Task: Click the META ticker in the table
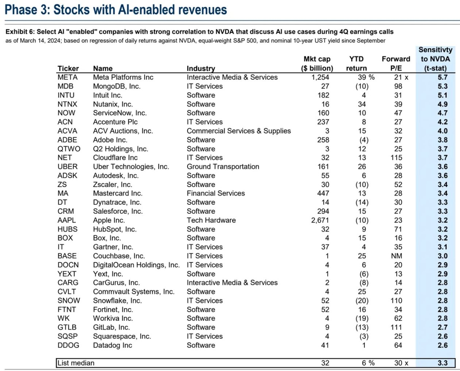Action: pyautogui.click(x=68, y=77)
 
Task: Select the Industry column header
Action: pyautogui.click(x=201, y=68)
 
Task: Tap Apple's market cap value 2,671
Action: pyautogui.click(x=320, y=220)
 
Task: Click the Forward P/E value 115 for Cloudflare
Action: pyautogui.click(x=396, y=158)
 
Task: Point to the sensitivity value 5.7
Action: pyautogui.click(x=442, y=77)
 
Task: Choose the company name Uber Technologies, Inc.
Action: pyautogui.click(x=131, y=167)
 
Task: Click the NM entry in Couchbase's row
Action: pyautogui.click(x=396, y=256)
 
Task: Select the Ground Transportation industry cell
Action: pyautogui.click(x=223, y=167)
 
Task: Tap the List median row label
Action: pyautogui.click(x=76, y=363)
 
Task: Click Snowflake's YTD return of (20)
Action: pyautogui.click(x=362, y=301)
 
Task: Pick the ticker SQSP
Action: pyautogui.click(x=68, y=336)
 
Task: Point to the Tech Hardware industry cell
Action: pyautogui.click(x=211, y=220)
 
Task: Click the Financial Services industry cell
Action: pyautogui.click(x=216, y=193)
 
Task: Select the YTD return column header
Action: pyautogui.click(x=356, y=64)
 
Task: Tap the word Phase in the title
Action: pyautogui.click(x=21, y=9)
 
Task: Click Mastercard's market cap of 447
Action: pyautogui.click(x=323, y=193)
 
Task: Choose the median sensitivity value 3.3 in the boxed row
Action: pyautogui.click(x=442, y=363)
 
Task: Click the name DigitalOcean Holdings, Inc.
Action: pyautogui.click(x=136, y=265)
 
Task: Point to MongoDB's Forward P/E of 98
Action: pyautogui.click(x=398, y=86)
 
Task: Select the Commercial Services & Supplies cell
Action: pyautogui.click(x=239, y=131)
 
